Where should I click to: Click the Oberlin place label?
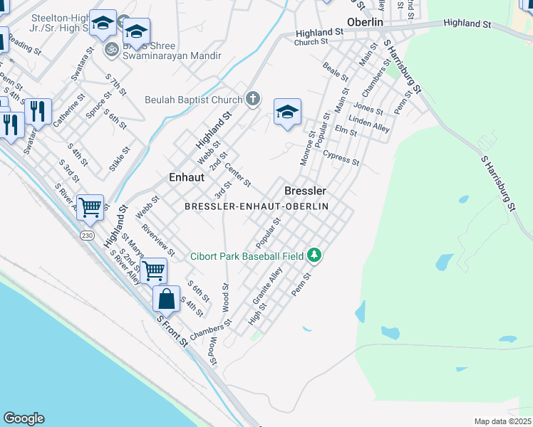[365, 22]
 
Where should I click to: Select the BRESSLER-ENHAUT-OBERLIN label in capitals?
[257, 206]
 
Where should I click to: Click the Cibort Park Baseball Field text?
[247, 255]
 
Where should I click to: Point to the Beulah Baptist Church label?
[194, 100]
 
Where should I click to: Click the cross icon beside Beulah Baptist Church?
[253, 99]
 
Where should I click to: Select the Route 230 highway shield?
[87, 236]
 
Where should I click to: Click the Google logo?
[24, 418]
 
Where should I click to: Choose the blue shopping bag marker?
[166, 297]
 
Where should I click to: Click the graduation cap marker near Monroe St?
[287, 112]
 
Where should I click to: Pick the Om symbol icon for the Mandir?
[111, 50]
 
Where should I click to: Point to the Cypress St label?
[341, 157]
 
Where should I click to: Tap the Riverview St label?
[158, 241]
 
